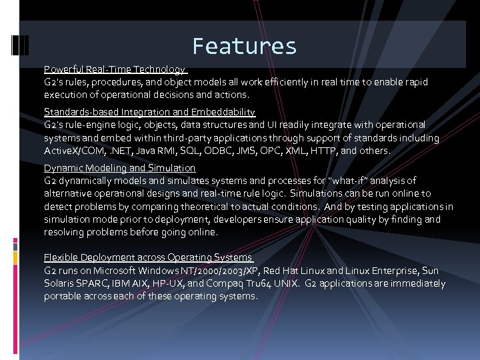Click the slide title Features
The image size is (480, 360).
(244, 46)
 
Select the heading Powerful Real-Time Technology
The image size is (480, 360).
(115, 69)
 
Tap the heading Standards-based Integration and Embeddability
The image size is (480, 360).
(149, 112)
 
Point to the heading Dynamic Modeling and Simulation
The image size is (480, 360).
(119, 168)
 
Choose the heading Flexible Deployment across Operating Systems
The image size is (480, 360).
(148, 257)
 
